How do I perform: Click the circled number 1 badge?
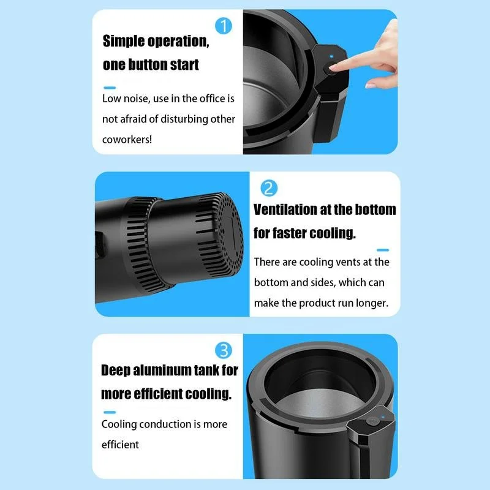224,26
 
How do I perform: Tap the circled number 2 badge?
269,188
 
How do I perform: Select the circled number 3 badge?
224,350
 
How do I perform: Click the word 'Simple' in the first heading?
123,42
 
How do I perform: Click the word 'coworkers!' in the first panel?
127,140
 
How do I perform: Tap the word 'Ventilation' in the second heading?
285,209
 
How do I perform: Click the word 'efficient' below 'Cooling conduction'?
120,445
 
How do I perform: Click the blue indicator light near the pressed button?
331,56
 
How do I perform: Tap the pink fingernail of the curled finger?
371,85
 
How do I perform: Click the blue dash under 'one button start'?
110,88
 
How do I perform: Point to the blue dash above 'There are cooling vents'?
383,250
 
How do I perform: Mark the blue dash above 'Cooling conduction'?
110,412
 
